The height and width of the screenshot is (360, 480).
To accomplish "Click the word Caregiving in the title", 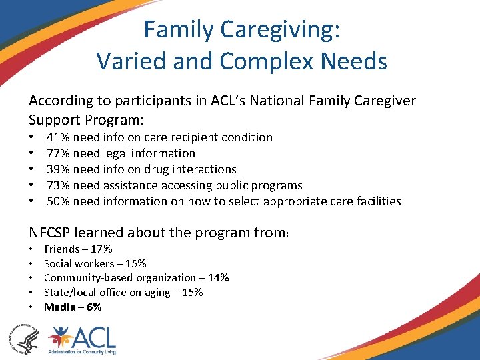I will tap(279, 30).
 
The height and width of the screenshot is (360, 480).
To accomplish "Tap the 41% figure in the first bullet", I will tap(58, 137).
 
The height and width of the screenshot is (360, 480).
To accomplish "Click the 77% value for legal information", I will tap(58, 153).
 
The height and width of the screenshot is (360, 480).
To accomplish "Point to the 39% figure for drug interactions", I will tap(58, 169).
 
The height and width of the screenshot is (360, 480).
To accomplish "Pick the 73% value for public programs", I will tap(58, 185).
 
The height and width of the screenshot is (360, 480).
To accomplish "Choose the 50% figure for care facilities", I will tap(58, 201).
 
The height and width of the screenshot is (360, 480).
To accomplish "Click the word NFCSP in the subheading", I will tap(49, 232).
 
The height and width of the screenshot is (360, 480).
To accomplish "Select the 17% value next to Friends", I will tap(101, 249).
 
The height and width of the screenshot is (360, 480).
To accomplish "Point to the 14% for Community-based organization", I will tap(218, 278).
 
